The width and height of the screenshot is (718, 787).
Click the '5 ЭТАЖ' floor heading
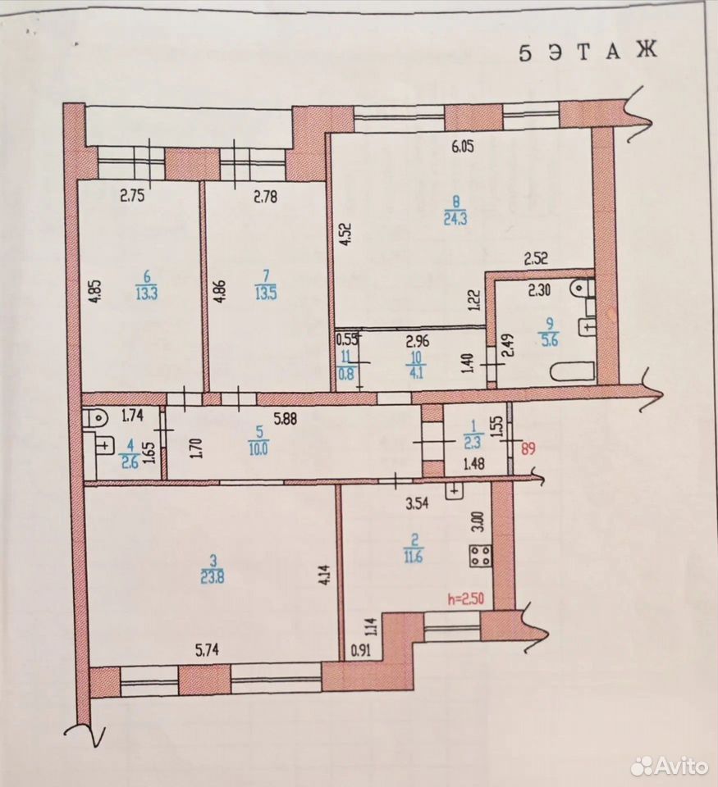tap(588, 52)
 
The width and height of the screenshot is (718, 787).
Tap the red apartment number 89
tap(528, 448)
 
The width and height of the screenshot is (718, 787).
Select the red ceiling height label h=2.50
tap(466, 598)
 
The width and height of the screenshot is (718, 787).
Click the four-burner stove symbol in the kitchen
tap(481, 556)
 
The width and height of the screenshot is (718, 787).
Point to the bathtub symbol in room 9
tap(573, 372)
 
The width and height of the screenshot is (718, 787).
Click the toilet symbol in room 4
tap(95, 416)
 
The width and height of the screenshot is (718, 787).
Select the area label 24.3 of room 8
tap(455, 220)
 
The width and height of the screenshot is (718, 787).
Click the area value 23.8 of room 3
tap(212, 578)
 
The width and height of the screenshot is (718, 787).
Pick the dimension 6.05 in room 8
tap(463, 147)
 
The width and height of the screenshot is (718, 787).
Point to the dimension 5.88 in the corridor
tap(285, 418)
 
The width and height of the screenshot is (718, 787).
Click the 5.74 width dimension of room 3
tap(207, 650)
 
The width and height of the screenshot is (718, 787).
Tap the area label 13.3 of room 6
tap(146, 293)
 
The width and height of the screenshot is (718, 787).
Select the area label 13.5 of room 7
tap(266, 293)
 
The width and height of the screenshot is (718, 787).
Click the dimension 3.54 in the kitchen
tap(417, 503)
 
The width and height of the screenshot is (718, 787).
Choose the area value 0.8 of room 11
tap(345, 374)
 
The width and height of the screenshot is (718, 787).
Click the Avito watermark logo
tap(669, 766)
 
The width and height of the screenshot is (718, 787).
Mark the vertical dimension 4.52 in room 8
tap(346, 234)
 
